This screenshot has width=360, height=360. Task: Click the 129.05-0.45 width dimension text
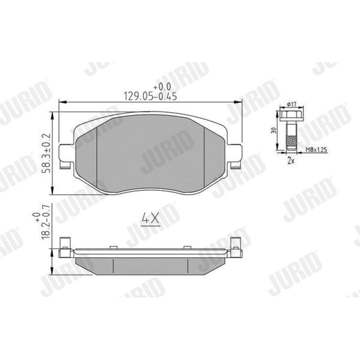(x=150, y=96)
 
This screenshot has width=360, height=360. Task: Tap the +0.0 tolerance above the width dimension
(x=162, y=86)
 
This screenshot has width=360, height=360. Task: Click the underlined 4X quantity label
(x=151, y=219)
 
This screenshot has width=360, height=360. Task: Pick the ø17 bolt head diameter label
(x=292, y=104)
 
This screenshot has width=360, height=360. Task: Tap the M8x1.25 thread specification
(x=316, y=150)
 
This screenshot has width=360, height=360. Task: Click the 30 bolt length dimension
(x=274, y=130)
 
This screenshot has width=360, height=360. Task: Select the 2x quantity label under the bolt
(x=291, y=161)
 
